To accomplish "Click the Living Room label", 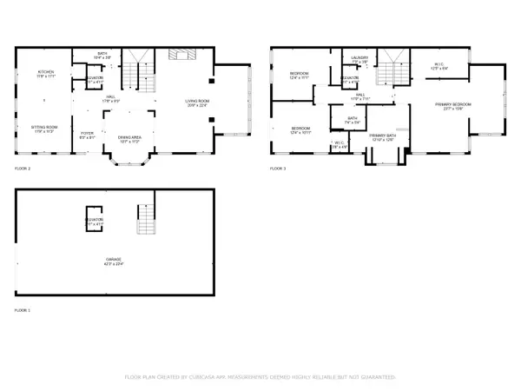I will [x=197, y=103].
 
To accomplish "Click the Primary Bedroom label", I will [x=457, y=106].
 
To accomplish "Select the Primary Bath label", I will [x=382, y=137].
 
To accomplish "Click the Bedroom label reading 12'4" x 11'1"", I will [x=299, y=76].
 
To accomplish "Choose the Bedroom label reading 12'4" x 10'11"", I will [x=300, y=130].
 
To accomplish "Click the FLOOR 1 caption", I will [x=22, y=309].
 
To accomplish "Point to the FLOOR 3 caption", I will [x=277, y=168].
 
